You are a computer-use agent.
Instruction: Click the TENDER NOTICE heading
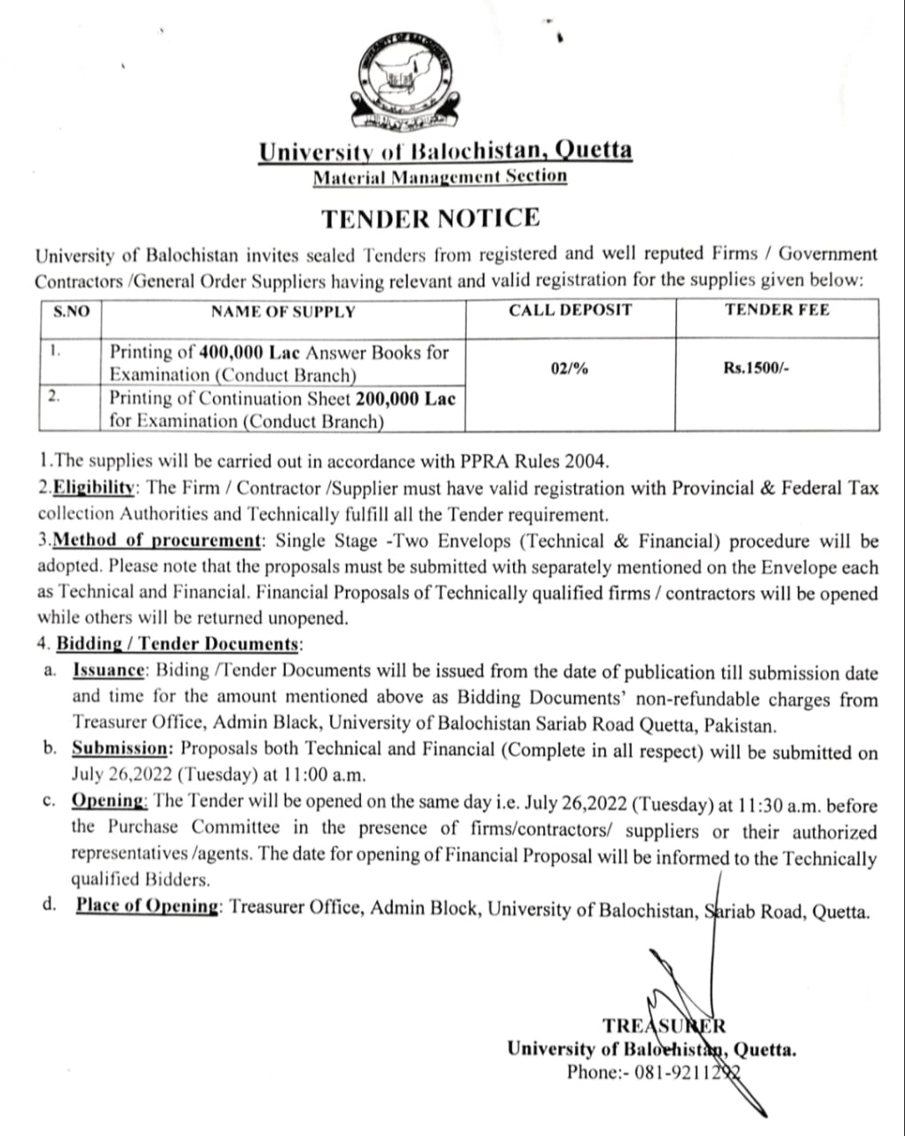click(430, 218)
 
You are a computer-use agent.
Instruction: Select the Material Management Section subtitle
click(439, 176)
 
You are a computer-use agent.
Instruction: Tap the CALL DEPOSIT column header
click(570, 310)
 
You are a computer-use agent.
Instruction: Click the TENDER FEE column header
click(776, 310)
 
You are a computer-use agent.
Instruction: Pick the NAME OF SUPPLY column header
click(282, 312)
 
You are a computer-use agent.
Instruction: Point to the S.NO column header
click(71, 312)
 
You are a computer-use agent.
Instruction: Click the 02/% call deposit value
click(569, 368)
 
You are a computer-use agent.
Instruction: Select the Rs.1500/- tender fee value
click(755, 368)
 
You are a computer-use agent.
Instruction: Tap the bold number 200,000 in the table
click(388, 398)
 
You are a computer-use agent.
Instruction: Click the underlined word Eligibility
click(93, 488)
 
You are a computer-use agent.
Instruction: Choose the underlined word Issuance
click(107, 673)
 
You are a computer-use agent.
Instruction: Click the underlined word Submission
click(118, 750)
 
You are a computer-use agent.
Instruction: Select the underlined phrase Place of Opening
click(147, 907)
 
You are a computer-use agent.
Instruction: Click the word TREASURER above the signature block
click(664, 1026)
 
